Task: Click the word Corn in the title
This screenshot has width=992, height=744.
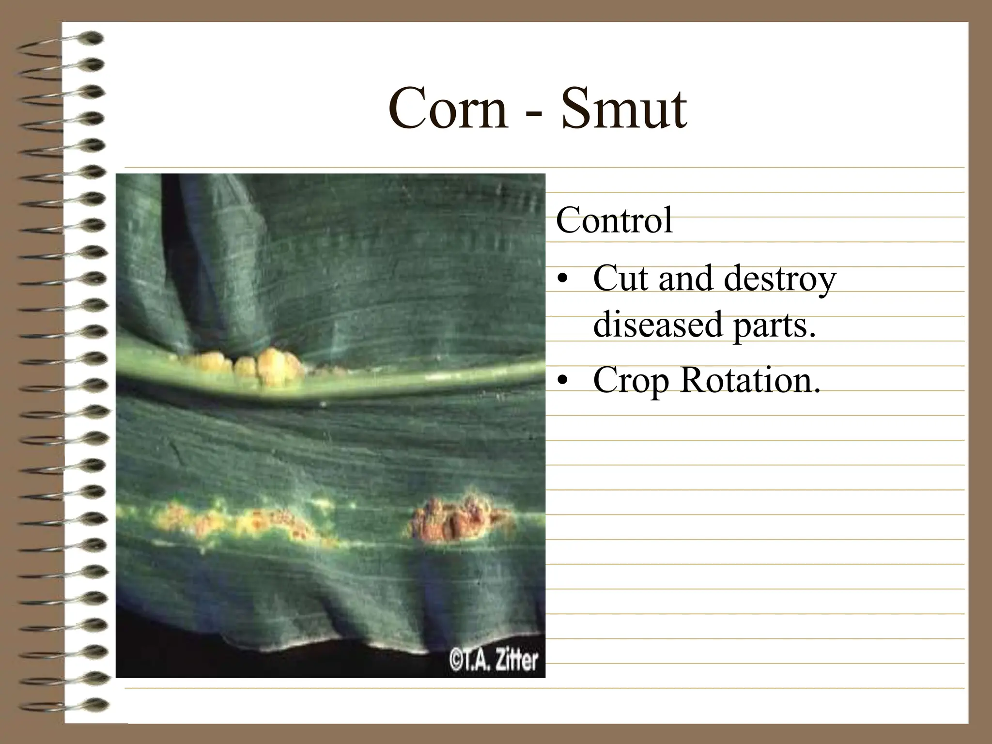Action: (448, 109)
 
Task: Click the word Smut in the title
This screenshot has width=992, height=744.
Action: (624, 109)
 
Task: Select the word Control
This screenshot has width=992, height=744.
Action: (614, 221)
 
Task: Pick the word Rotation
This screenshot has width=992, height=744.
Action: (750, 380)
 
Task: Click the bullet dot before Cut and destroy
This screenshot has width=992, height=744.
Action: (562, 281)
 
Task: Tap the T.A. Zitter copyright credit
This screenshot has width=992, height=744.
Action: (493, 661)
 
